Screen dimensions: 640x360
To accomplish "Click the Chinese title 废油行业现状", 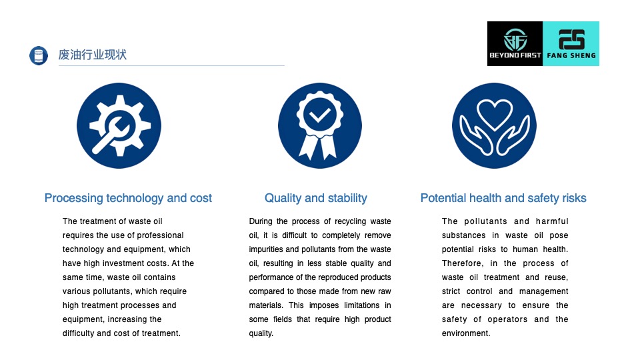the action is point(92,55).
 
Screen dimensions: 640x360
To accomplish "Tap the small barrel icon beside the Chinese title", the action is point(39,55).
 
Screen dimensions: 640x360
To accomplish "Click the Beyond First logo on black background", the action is point(515,44).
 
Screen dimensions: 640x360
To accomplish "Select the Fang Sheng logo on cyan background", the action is point(571,44).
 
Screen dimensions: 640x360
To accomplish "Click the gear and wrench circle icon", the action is point(119,126).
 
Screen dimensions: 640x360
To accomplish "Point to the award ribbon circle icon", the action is point(319,126).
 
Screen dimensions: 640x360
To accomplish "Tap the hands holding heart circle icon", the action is point(494,126).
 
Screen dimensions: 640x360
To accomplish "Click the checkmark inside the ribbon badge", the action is point(319,115).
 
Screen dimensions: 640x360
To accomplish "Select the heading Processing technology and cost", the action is point(128,198).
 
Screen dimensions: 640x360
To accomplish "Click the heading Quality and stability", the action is point(316,198).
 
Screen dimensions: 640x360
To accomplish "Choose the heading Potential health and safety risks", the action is point(503,198).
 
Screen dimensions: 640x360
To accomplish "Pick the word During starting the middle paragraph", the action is point(261,221).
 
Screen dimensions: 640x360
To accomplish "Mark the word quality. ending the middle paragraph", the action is point(261,333).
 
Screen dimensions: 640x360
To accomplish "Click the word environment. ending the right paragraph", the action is point(466,333).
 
